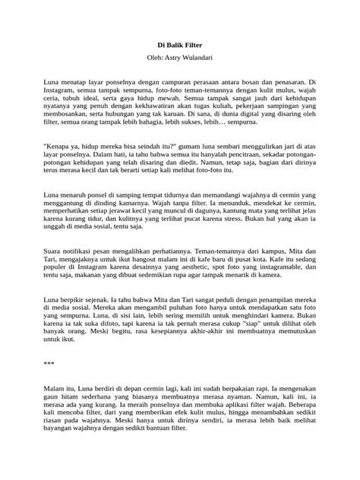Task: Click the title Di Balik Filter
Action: (179, 45)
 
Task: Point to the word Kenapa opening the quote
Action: (60, 144)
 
